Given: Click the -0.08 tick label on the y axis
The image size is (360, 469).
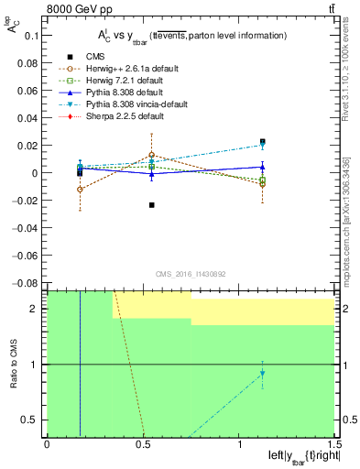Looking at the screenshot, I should click(27, 283).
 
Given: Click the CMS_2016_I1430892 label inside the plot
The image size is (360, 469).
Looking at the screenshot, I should click(190, 276).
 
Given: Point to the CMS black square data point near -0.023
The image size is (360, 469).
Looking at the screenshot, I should click(151, 204).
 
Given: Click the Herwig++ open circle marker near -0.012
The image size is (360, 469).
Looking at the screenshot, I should click(81, 189).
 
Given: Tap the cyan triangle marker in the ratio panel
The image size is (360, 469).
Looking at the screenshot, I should click(262, 374).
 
